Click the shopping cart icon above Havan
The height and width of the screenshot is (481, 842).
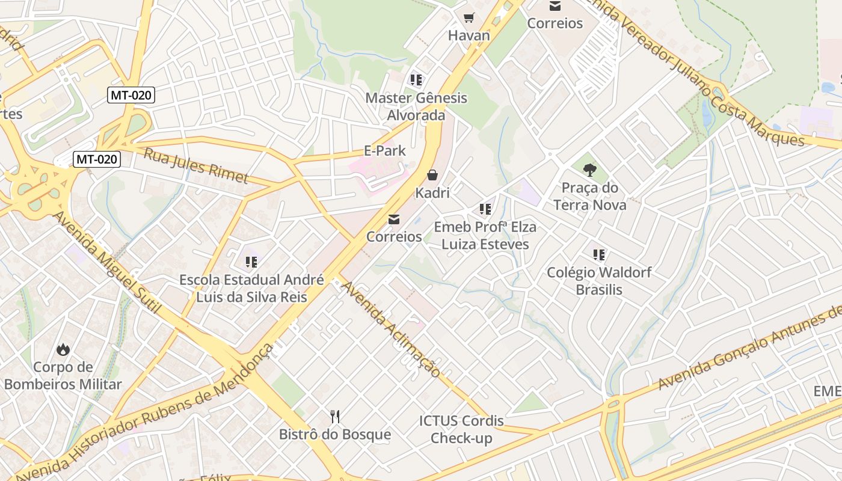click(469, 17)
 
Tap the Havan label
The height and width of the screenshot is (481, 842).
click(469, 35)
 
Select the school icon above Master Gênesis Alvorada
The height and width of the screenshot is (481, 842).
click(416, 79)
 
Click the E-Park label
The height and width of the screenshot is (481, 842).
click(385, 151)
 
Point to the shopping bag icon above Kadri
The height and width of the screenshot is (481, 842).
click(432, 175)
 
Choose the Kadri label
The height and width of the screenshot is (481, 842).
click(432, 193)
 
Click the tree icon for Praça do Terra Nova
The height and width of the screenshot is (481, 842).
click(590, 170)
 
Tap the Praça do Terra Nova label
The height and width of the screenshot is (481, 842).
click(590, 197)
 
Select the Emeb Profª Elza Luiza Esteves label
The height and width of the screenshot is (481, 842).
click(485, 236)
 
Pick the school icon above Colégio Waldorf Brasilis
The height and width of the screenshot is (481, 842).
click(598, 255)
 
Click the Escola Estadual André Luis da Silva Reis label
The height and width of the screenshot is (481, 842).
click(251, 289)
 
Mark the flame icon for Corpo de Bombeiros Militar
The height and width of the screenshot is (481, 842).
click(63, 349)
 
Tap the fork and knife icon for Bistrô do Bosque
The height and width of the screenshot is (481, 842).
click(335, 416)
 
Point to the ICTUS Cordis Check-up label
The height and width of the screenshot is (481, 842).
click(461, 429)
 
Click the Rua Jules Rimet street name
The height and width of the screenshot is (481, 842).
click(195, 165)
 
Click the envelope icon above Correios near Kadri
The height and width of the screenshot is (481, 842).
click(394, 219)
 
